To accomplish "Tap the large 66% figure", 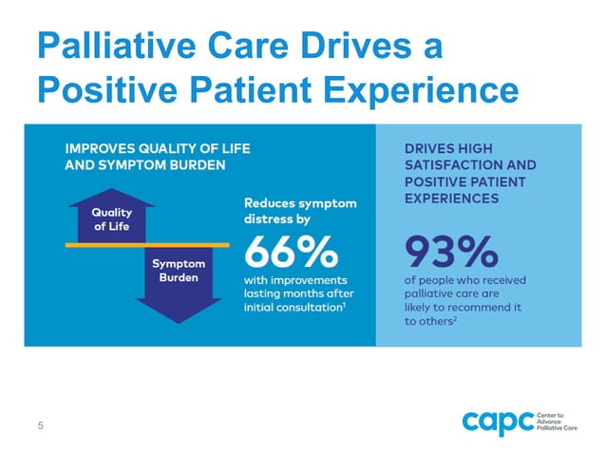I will pos(291,253).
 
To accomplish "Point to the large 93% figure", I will pos(451,253).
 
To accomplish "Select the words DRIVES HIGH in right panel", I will pos(443,148).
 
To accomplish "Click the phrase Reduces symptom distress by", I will pos(300,211).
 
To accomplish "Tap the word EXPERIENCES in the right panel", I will pos(451,199).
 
